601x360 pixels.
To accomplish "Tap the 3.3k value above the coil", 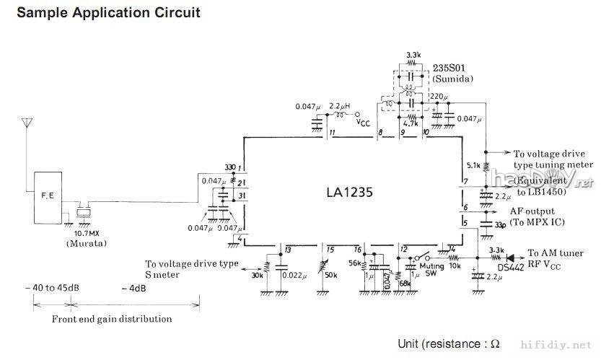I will (x=413, y=55).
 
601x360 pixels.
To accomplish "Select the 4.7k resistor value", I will (x=412, y=123).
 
